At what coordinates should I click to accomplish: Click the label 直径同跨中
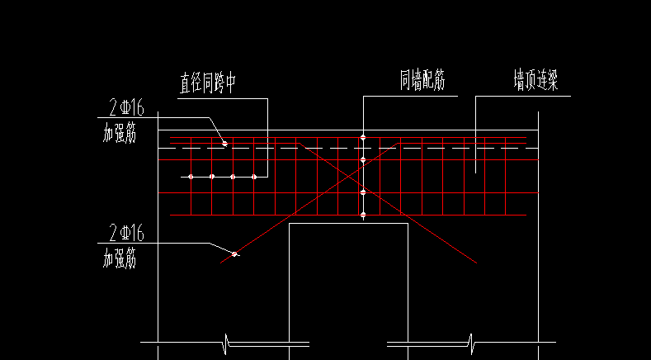point(208,83)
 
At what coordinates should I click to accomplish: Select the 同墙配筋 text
point(422,81)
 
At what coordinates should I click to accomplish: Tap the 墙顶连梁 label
point(535,81)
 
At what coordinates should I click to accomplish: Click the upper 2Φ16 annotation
point(126,108)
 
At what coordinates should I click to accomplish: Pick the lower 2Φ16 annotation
point(126,233)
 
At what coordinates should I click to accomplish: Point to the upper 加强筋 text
point(120,134)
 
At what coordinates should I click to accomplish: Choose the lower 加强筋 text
point(120,259)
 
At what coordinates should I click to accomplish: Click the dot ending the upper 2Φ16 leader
point(224,144)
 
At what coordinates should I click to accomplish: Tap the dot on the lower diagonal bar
point(234,253)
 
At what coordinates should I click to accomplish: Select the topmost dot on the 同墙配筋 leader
point(363,137)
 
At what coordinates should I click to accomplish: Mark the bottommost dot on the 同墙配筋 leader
point(363,215)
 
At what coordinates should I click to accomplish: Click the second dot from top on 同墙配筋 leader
point(363,159)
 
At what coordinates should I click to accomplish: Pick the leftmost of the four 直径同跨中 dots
point(191,177)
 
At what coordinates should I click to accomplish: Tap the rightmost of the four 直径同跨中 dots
point(254,177)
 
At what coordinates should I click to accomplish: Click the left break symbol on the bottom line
point(226,343)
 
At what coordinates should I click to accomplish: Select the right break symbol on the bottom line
point(471,343)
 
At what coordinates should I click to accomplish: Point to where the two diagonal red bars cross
point(348,177)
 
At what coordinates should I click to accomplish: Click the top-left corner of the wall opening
point(290,224)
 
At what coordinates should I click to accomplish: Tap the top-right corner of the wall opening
point(408,224)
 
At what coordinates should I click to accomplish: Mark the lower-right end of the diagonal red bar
point(477,263)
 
